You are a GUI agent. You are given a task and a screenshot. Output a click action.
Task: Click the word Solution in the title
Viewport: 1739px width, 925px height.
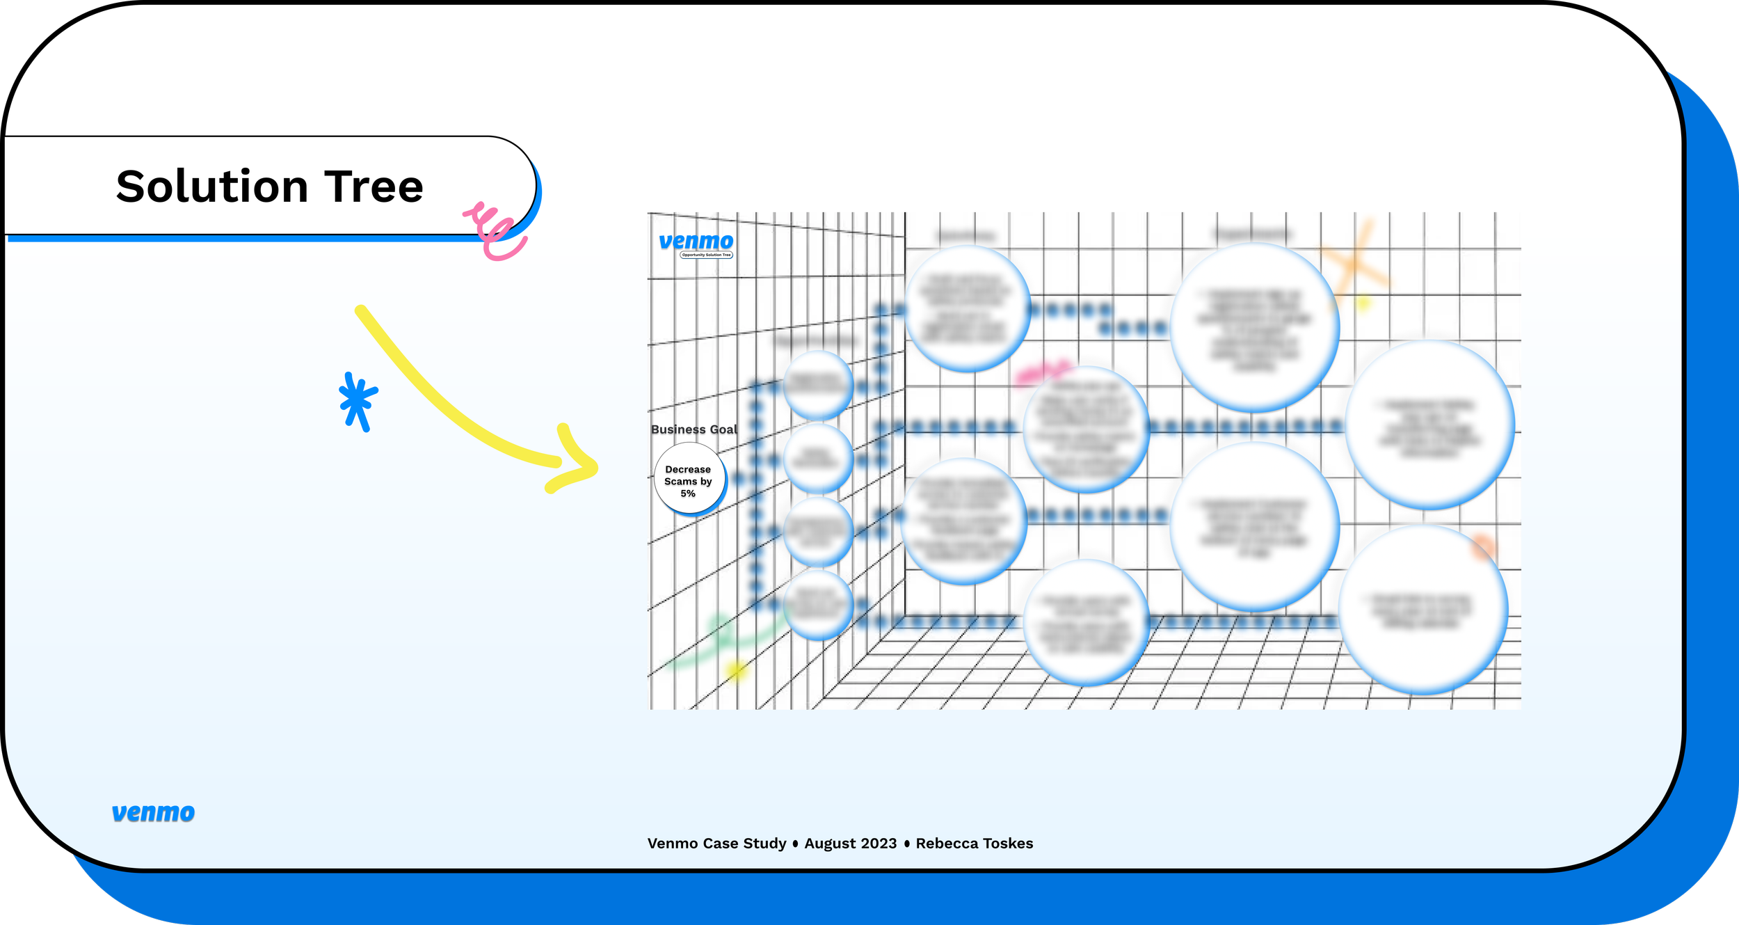(211, 187)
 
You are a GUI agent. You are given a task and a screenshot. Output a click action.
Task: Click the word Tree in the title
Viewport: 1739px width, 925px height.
(374, 187)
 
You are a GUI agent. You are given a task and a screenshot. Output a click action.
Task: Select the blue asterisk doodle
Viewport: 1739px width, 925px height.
(358, 402)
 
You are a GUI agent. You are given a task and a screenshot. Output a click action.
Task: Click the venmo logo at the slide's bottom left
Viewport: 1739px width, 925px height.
(153, 812)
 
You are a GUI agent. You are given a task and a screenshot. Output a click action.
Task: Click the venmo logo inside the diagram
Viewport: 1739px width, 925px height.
(696, 241)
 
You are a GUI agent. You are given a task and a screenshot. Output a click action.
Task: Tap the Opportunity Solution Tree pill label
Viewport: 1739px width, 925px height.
(706, 255)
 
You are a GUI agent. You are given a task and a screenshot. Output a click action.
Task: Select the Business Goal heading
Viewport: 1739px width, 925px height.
(694, 429)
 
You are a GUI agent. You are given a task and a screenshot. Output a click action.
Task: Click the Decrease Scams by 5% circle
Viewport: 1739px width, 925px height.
(689, 480)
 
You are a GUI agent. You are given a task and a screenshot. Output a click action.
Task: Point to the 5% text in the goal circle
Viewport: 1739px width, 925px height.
(688, 493)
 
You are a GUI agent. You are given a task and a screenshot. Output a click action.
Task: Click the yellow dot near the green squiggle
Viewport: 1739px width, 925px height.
(735, 670)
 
